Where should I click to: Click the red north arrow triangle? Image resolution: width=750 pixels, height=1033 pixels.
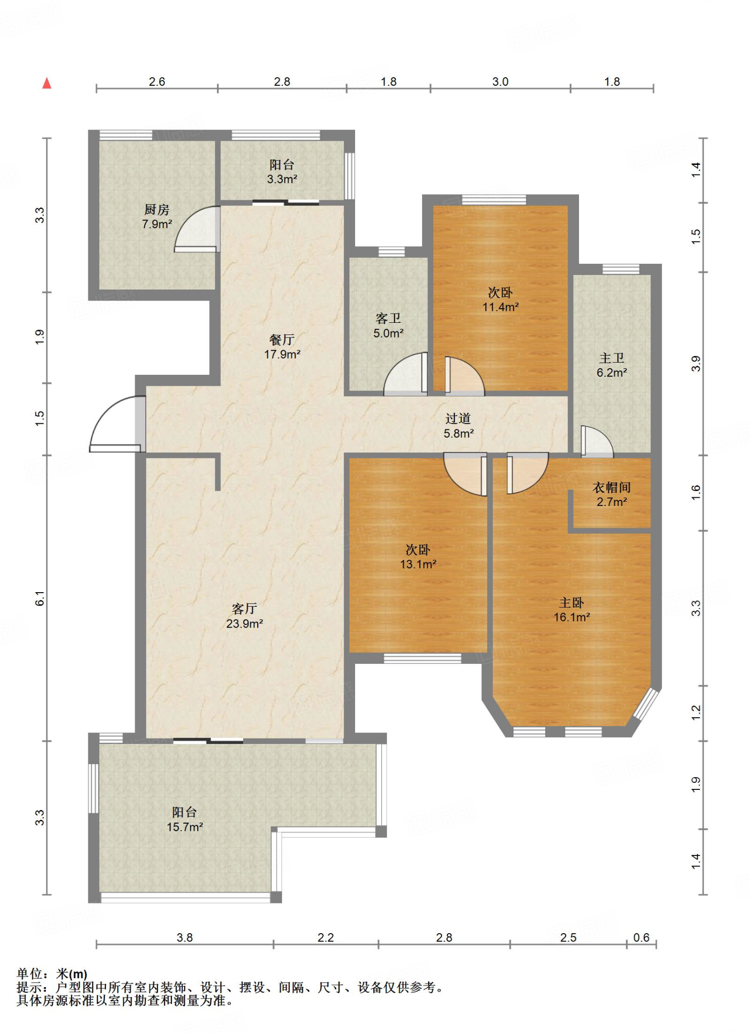pyautogui.click(x=47, y=83)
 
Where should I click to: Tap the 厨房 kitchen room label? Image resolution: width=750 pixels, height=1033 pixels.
pyautogui.click(x=157, y=209)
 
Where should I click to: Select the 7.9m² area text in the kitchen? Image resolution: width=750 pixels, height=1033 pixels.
pyautogui.click(x=157, y=224)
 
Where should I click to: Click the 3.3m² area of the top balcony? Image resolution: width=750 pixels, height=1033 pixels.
pyautogui.click(x=282, y=179)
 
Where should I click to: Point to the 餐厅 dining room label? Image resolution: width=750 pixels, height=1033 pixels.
pyautogui.click(x=282, y=339)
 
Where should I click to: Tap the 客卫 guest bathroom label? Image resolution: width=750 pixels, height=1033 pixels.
pyautogui.click(x=388, y=318)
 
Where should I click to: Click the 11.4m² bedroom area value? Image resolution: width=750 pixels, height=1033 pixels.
pyautogui.click(x=500, y=307)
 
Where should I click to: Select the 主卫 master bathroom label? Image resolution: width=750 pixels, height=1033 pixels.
pyautogui.click(x=612, y=358)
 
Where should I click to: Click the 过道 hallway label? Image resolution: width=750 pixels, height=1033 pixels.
pyautogui.click(x=458, y=419)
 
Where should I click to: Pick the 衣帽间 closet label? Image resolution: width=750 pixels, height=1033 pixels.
pyautogui.click(x=612, y=487)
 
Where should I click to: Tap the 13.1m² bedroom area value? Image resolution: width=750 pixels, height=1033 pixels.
pyautogui.click(x=418, y=564)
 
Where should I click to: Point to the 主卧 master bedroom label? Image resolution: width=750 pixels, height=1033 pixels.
pyautogui.click(x=571, y=603)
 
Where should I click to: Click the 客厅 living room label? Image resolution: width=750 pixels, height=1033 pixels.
pyautogui.click(x=245, y=609)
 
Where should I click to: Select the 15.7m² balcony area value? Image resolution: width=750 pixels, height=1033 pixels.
pyautogui.click(x=185, y=827)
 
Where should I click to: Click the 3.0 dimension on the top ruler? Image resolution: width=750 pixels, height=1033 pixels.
pyautogui.click(x=500, y=82)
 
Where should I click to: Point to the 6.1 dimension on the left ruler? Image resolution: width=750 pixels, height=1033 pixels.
pyautogui.click(x=40, y=599)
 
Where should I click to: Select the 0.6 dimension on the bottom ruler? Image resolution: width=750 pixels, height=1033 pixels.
pyautogui.click(x=642, y=938)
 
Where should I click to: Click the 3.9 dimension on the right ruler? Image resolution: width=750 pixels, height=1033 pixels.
pyautogui.click(x=696, y=364)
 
